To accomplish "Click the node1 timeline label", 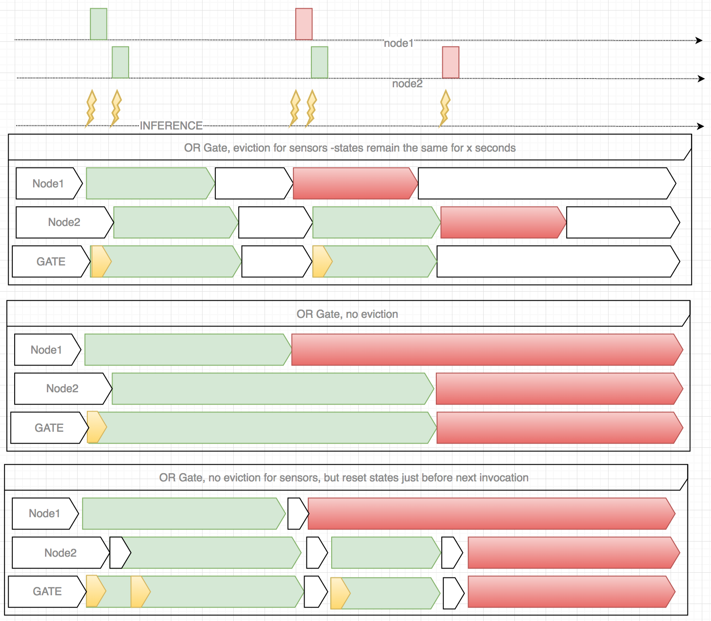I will (x=398, y=43).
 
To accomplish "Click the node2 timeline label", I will (x=407, y=84).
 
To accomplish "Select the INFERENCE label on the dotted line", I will (x=171, y=125).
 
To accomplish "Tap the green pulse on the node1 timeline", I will (x=98, y=24).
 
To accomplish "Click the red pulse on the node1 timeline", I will (x=304, y=24).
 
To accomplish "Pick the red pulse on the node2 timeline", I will (x=450, y=62).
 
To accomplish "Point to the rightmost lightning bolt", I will (x=444, y=108).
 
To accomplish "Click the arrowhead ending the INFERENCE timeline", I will (x=700, y=126).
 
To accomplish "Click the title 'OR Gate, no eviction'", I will (x=347, y=314).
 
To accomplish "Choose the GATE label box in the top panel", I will (x=51, y=261).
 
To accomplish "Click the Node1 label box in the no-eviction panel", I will (x=47, y=350).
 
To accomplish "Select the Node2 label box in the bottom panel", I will (x=60, y=553).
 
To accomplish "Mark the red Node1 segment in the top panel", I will (x=354, y=183).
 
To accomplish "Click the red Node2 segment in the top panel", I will (x=502, y=222).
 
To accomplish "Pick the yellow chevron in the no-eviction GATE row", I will (x=96, y=427).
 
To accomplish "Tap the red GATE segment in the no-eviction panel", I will (x=558, y=428).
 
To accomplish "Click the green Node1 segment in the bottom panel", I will (x=183, y=514).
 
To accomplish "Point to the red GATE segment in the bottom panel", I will (x=570, y=592).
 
